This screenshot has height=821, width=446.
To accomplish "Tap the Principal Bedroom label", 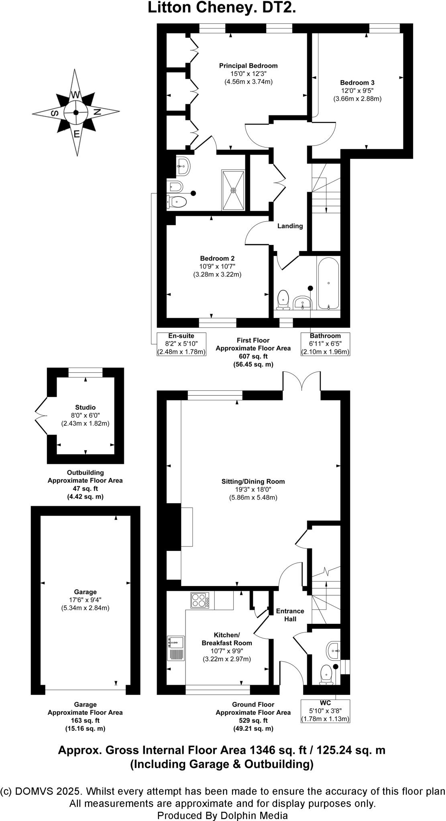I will [248, 66].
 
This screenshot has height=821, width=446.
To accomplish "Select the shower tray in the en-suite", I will [233, 190].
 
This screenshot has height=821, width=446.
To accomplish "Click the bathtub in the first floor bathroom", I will [329, 283].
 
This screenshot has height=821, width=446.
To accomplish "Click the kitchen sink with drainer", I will [176, 648].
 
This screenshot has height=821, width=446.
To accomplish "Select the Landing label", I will [290, 226].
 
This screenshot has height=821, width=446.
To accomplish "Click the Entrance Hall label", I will [290, 615].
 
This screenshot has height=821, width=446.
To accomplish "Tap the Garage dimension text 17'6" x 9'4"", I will [85, 600].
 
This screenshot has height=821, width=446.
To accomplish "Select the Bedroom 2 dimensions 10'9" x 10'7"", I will [217, 266].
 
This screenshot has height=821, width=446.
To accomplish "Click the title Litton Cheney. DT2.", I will [222, 8].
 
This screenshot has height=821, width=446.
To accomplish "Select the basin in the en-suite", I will [183, 166].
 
